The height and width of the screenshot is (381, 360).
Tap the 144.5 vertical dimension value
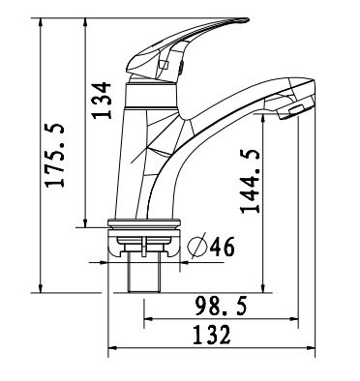point(250,181)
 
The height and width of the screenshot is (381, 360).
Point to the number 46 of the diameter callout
point(222,247)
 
